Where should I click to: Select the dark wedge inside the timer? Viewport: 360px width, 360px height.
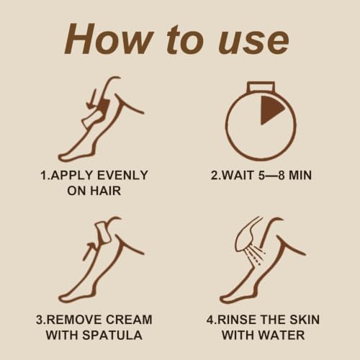[271, 110]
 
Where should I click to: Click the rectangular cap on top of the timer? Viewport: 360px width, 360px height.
[261, 87]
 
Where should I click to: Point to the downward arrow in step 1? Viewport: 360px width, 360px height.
[91, 99]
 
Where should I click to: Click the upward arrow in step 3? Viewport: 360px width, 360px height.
[90, 251]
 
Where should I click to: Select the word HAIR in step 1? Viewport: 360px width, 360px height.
[106, 191]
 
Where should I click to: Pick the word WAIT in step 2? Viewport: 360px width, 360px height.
[237, 175]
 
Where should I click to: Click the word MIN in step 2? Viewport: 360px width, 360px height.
[300, 175]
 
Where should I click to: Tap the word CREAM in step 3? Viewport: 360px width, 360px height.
[129, 320]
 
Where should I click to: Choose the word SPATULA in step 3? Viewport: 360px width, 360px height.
[112, 335]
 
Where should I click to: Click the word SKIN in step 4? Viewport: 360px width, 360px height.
[305, 320]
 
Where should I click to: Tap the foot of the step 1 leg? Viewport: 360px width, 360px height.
[72, 155]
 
